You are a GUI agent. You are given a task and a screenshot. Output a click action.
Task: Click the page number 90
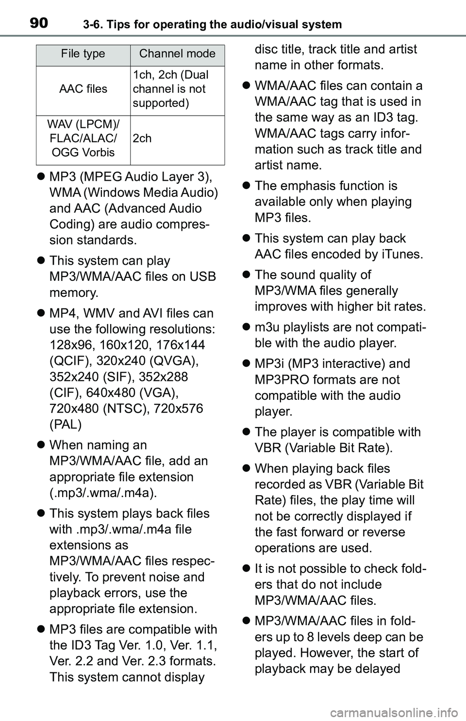click(38, 22)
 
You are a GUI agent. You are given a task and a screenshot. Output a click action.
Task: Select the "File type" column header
click(83, 54)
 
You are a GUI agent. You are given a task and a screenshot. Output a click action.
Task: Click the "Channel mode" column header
click(177, 54)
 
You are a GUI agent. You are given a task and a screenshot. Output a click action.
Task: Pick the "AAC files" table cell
click(83, 89)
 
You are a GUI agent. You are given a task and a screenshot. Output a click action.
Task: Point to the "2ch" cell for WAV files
click(142, 138)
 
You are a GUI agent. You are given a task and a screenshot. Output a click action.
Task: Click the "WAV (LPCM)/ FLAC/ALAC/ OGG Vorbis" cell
click(83, 138)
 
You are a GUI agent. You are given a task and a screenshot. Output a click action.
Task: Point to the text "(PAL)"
click(66, 424)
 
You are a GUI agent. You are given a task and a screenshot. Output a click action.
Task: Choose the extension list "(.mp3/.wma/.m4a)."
click(103, 493)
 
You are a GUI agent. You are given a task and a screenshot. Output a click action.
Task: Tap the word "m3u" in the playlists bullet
click(267, 327)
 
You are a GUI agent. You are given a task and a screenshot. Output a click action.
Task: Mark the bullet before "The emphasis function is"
click(246, 186)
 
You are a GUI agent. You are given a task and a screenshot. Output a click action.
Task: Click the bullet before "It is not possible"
click(246, 569)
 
